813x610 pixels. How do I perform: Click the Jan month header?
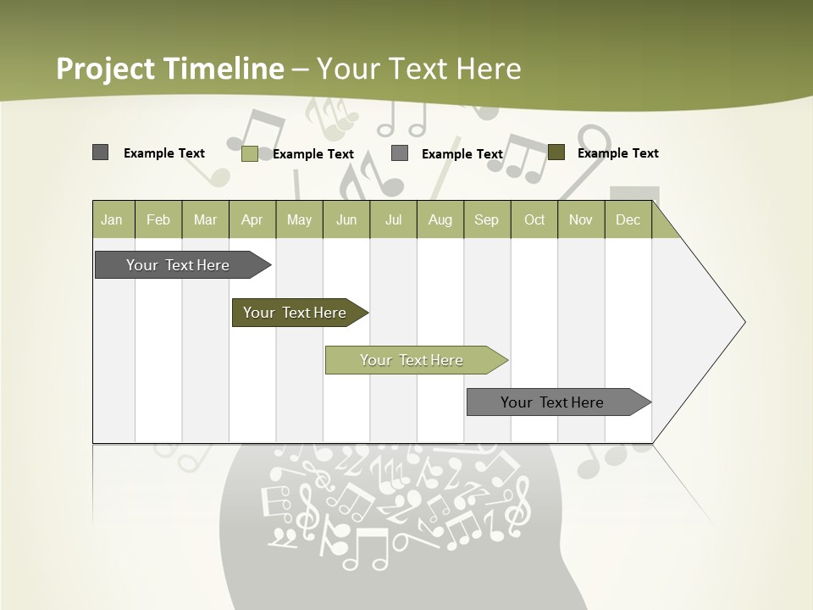pyautogui.click(x=112, y=219)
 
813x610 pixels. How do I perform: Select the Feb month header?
pyautogui.click(x=158, y=219)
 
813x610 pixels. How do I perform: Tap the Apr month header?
pyautogui.click(x=252, y=219)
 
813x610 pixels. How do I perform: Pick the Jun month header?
pyautogui.click(x=346, y=219)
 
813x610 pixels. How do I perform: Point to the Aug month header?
pyautogui.click(x=440, y=219)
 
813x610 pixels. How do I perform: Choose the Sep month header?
pyautogui.click(x=487, y=219)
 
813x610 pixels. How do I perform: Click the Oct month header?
pyautogui.click(x=534, y=219)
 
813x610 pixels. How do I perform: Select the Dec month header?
pyautogui.click(x=628, y=219)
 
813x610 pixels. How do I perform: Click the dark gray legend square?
pyautogui.click(x=100, y=152)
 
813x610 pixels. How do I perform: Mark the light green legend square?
pyautogui.click(x=250, y=153)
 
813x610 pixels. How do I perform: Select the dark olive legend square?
pyautogui.click(x=556, y=152)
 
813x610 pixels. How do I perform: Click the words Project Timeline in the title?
pyautogui.click(x=169, y=69)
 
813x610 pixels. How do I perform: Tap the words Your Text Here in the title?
pyautogui.click(x=419, y=69)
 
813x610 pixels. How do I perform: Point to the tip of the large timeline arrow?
pyautogui.click(x=743, y=322)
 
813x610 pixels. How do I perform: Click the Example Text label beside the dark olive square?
pyautogui.click(x=618, y=153)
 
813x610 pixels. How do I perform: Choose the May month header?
pyautogui.click(x=299, y=219)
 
